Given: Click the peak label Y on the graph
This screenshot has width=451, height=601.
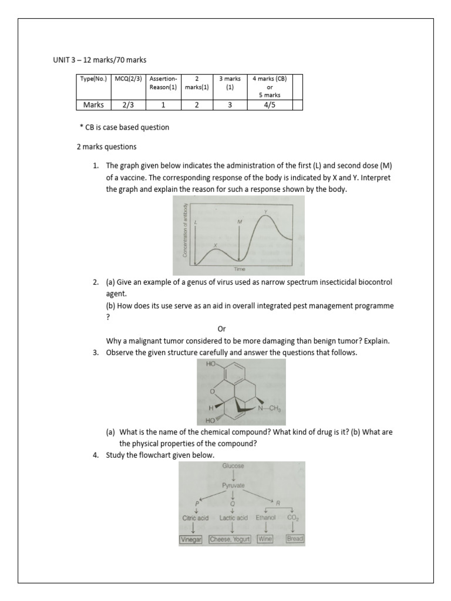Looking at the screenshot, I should (x=265, y=211).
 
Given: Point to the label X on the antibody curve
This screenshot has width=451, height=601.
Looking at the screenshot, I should (x=216, y=246).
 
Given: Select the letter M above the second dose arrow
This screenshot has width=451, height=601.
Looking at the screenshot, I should (x=240, y=222).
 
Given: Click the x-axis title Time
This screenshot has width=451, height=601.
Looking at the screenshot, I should (x=239, y=269).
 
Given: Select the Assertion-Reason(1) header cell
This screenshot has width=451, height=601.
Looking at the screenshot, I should (x=163, y=86).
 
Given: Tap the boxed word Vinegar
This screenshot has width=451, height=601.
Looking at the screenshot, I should (x=190, y=539).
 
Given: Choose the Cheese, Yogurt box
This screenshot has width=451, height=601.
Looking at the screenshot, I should (x=230, y=539).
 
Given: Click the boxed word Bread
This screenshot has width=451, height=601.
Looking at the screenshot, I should (x=294, y=539).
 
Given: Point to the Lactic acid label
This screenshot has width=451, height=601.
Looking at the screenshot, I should (x=234, y=518).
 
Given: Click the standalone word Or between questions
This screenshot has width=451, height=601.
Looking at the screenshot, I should (x=221, y=329).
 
